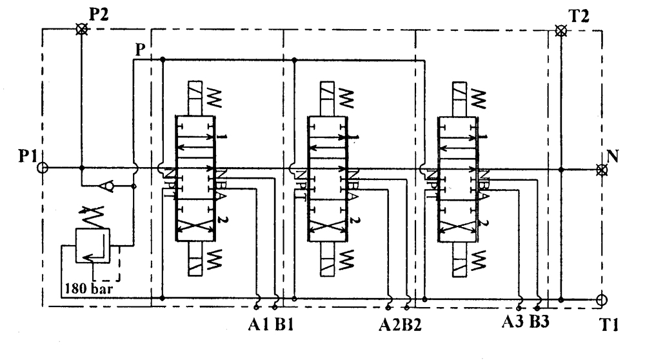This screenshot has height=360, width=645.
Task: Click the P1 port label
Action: coord(28,157)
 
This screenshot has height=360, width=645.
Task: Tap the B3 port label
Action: coord(540,320)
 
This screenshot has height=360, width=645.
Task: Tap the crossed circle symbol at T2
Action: coord(561,30)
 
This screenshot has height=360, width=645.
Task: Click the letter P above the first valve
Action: coord(140,49)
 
